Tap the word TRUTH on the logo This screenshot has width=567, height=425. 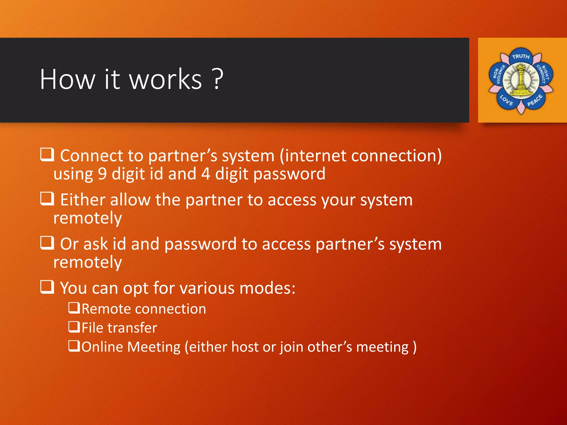(521, 56)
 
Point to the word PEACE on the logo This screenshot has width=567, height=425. (535, 100)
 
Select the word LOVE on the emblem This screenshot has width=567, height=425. (506, 100)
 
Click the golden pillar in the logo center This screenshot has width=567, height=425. (521, 80)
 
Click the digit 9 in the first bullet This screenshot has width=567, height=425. (102, 174)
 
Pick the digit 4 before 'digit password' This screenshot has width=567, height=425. (205, 174)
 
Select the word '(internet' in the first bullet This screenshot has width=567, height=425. (313, 156)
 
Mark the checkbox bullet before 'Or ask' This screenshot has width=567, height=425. (47, 243)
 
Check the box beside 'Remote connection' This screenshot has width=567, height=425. (74, 308)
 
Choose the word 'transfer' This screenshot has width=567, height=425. (132, 328)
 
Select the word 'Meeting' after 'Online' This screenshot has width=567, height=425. (154, 347)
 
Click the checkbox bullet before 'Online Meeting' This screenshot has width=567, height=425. (74, 346)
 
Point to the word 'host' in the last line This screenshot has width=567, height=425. (245, 347)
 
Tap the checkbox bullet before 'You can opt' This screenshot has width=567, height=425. (47, 287)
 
